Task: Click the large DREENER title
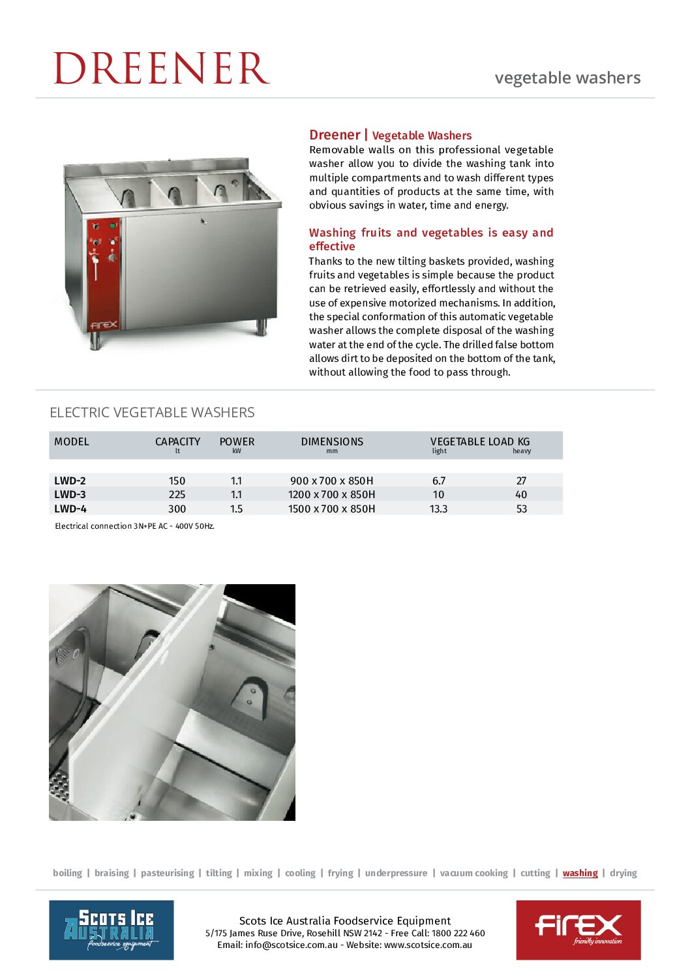(x=161, y=68)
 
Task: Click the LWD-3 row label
(x=70, y=494)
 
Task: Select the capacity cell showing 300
(x=177, y=509)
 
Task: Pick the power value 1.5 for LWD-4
(x=236, y=509)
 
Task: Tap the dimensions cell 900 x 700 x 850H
(x=331, y=481)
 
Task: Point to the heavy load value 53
(x=521, y=509)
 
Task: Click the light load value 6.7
(x=439, y=481)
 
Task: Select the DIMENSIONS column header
(x=332, y=441)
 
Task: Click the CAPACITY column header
(x=177, y=441)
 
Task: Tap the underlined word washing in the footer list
(x=580, y=873)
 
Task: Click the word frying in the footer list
(x=340, y=873)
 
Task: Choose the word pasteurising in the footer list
(x=168, y=873)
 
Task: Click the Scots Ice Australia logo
(x=112, y=930)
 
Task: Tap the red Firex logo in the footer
(x=578, y=930)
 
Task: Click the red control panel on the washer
(x=104, y=274)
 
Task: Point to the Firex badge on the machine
(x=104, y=324)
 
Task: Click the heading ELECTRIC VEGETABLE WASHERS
(x=152, y=412)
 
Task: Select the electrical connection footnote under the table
(x=134, y=526)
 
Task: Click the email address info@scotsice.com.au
(x=292, y=945)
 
